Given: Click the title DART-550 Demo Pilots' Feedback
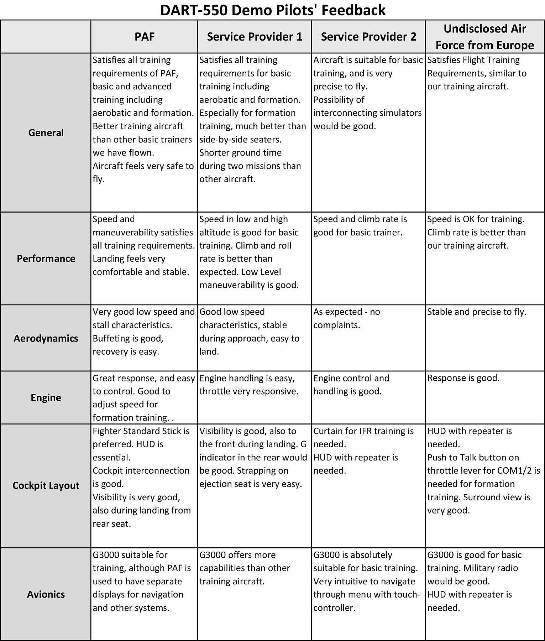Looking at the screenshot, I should pyautogui.click(x=273, y=10).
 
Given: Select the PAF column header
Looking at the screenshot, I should pyautogui.click(x=144, y=37).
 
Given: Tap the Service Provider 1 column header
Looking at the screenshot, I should pyautogui.click(x=255, y=37).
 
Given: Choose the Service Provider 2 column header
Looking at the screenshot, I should pyautogui.click(x=368, y=37).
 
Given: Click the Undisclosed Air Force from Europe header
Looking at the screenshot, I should pyautogui.click(x=484, y=37).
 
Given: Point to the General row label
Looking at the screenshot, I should pyautogui.click(x=46, y=133).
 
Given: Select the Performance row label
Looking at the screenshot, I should pyautogui.click(x=46, y=259).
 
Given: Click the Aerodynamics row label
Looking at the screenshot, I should pyautogui.click(x=46, y=338).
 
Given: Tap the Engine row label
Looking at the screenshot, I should pyautogui.click(x=46, y=397).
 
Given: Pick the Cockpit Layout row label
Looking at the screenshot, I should pyautogui.click(x=46, y=486).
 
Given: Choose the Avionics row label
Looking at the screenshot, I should pyautogui.click(x=46, y=594).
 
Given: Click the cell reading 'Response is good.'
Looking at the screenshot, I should pyautogui.click(x=463, y=378).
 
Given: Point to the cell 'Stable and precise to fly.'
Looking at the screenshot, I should pyautogui.click(x=476, y=312).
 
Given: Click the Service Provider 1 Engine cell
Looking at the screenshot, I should pyautogui.click(x=248, y=385).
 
